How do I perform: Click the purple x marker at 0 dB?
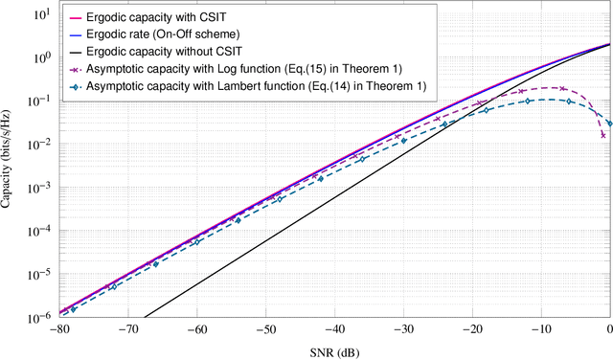click(x=603, y=135)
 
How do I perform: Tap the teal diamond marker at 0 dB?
click(x=610, y=123)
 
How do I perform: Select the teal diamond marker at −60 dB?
click(x=197, y=242)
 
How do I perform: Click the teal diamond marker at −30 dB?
click(x=403, y=142)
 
